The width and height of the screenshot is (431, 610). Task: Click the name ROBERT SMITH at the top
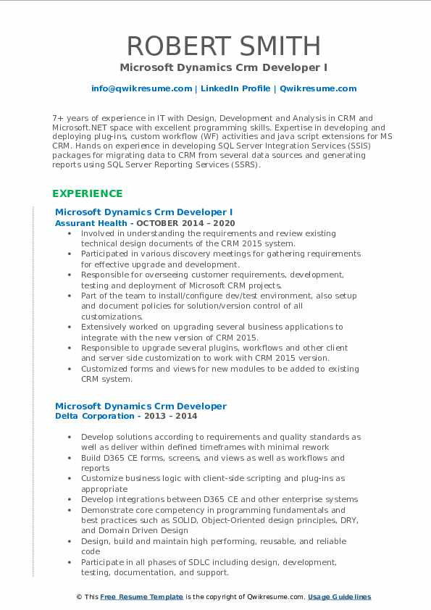[x=223, y=46]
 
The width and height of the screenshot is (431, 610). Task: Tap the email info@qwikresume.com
[x=141, y=88]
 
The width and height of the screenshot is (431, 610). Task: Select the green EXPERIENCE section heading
[x=87, y=193]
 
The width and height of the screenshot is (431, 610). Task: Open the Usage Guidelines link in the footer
[x=339, y=597]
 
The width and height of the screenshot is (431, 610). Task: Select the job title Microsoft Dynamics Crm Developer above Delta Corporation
[x=141, y=406]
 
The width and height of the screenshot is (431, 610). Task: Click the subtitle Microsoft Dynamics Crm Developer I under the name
[x=223, y=67]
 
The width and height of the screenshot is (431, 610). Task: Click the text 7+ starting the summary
[x=58, y=117]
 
